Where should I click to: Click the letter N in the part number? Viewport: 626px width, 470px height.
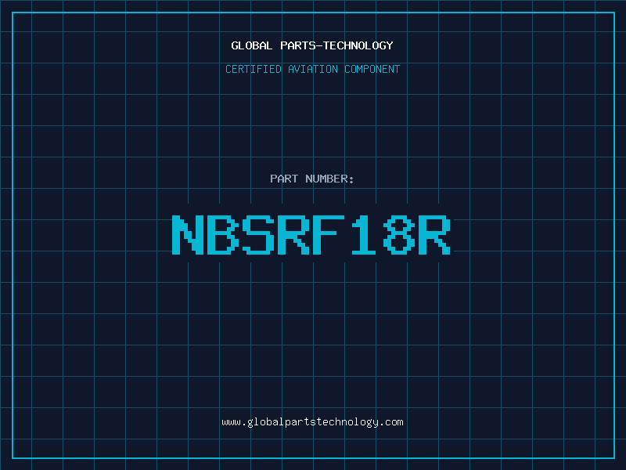(188, 235)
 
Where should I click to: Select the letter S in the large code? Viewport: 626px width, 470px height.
(258, 235)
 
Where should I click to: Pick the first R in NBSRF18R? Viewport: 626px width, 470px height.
(293, 235)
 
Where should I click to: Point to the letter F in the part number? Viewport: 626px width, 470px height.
(329, 235)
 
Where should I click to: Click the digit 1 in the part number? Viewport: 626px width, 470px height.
(364, 235)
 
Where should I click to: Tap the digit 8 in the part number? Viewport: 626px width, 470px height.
(399, 235)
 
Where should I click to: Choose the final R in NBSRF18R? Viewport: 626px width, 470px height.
(434, 235)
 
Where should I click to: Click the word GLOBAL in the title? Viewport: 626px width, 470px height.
(251, 45)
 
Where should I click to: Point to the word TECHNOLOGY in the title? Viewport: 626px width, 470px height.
(358, 45)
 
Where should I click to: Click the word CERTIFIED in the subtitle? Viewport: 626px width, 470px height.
(254, 69)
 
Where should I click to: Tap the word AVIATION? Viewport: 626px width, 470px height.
(313, 69)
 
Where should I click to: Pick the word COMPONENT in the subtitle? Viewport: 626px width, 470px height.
(372, 69)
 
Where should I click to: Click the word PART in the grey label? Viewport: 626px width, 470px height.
(284, 179)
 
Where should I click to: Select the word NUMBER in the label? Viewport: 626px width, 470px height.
(327, 179)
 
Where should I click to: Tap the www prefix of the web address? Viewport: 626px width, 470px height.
(231, 422)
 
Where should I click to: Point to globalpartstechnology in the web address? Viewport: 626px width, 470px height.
(313, 422)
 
